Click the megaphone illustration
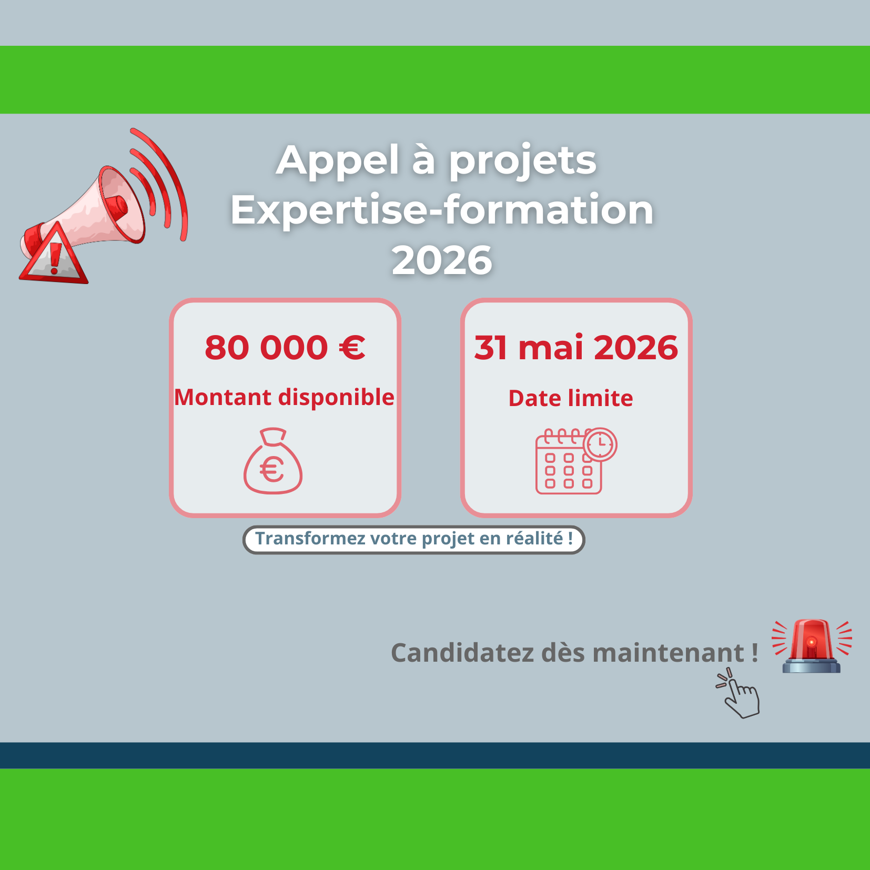pos(105,205)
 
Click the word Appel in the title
pos(338,160)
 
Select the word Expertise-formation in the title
pos(442,210)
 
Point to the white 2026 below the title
pos(442,260)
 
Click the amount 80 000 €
pos(285,348)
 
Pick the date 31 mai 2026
pos(576,348)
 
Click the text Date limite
pos(571,399)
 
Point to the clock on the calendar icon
pos(600,444)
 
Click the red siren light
pos(812,646)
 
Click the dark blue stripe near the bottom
pos(435,755)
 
